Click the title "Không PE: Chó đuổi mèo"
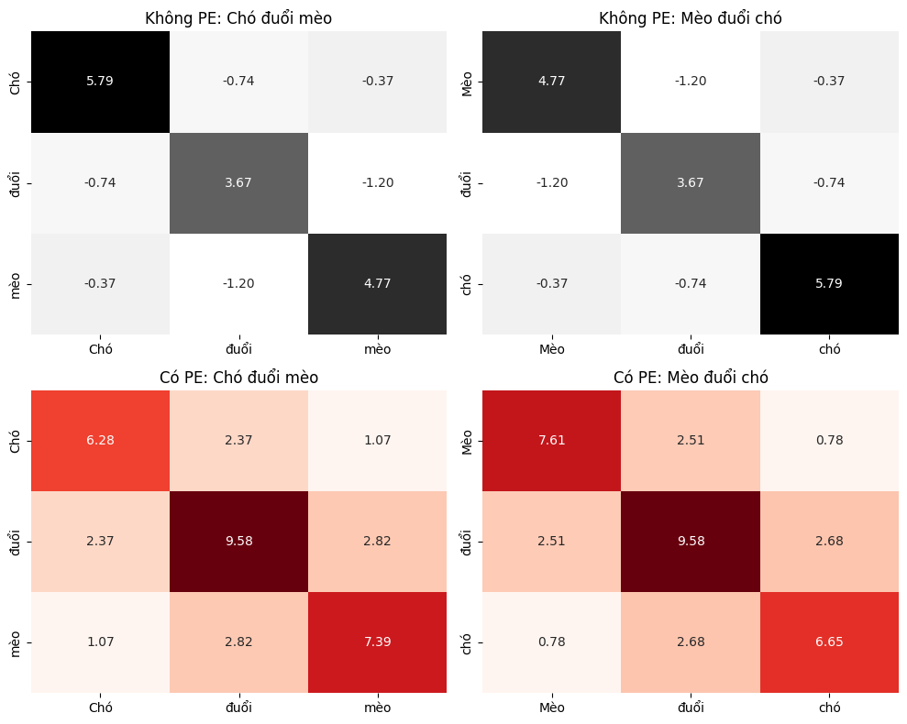(x=238, y=18)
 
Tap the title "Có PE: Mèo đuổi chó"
(x=691, y=377)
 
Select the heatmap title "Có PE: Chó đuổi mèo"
(x=238, y=377)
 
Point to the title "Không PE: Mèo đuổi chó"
(x=691, y=18)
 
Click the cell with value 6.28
(x=100, y=441)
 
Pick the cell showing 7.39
(x=377, y=642)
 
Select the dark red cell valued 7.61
(x=552, y=441)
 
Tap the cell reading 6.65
(x=829, y=642)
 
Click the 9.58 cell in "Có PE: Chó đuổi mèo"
(x=238, y=542)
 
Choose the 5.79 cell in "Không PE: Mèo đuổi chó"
(x=829, y=284)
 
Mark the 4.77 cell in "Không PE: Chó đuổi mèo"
(x=377, y=284)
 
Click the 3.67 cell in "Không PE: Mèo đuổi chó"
(x=691, y=182)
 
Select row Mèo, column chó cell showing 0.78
(x=829, y=441)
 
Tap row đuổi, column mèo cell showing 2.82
(x=377, y=542)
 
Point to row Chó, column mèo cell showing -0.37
(x=377, y=82)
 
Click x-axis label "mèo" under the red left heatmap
(x=377, y=708)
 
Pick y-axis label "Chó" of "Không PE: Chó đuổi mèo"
(x=15, y=82)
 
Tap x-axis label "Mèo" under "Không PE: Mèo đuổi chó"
(x=552, y=349)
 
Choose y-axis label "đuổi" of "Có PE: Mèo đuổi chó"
(x=466, y=542)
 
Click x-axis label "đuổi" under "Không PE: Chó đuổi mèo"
(x=238, y=348)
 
